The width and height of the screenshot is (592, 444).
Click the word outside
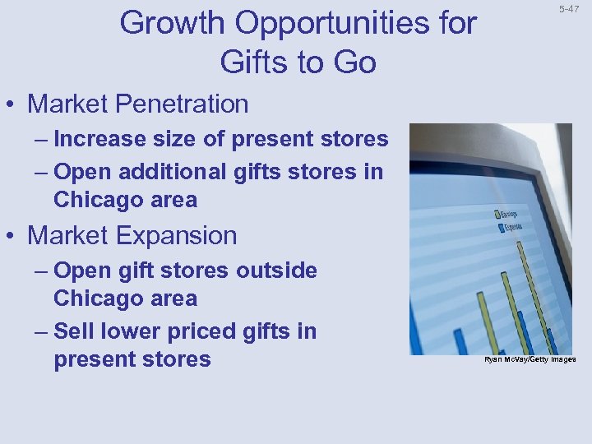277,271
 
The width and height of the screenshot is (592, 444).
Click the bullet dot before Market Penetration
13,105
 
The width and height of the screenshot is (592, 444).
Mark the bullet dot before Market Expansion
13,237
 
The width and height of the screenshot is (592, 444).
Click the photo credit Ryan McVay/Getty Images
530,359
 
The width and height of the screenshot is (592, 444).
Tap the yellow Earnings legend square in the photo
497,213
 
